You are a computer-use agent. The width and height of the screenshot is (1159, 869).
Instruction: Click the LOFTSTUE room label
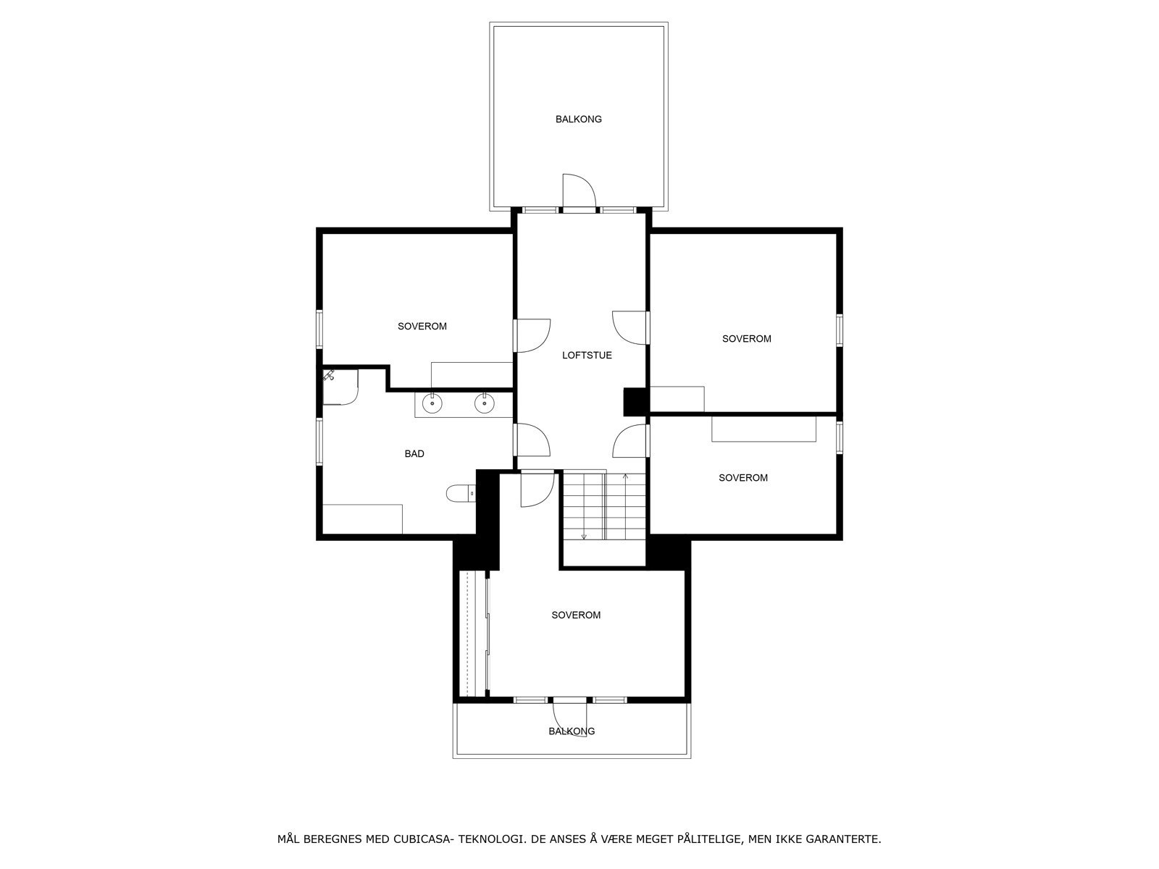[587, 356]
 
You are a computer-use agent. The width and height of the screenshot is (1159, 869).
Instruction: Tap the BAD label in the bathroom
[414, 454]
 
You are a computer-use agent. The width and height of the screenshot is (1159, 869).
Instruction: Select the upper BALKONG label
[579, 119]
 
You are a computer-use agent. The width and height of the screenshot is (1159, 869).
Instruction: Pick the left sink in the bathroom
[432, 404]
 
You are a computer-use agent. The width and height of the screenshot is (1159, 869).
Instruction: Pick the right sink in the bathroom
[485, 404]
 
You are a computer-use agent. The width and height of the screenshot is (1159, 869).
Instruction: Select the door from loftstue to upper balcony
[578, 193]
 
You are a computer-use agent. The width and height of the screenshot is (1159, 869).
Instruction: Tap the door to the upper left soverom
[532, 335]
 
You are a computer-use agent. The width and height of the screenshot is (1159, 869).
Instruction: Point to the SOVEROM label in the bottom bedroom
[576, 616]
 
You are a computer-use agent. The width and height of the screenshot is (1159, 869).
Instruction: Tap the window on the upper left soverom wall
[319, 329]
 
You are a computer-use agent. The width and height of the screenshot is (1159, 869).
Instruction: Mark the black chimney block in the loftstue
[635, 402]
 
